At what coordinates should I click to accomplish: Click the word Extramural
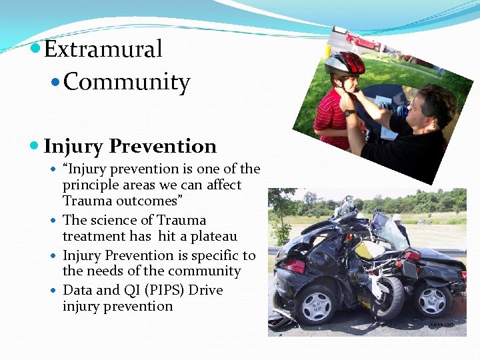(x=103, y=49)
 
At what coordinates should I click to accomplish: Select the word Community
(x=127, y=83)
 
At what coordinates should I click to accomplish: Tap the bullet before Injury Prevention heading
(x=35, y=146)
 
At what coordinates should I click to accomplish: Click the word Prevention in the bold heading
(x=163, y=146)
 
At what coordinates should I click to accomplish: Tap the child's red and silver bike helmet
(x=345, y=64)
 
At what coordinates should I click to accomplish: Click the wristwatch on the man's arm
(x=349, y=113)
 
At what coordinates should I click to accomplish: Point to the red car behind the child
(x=364, y=41)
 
